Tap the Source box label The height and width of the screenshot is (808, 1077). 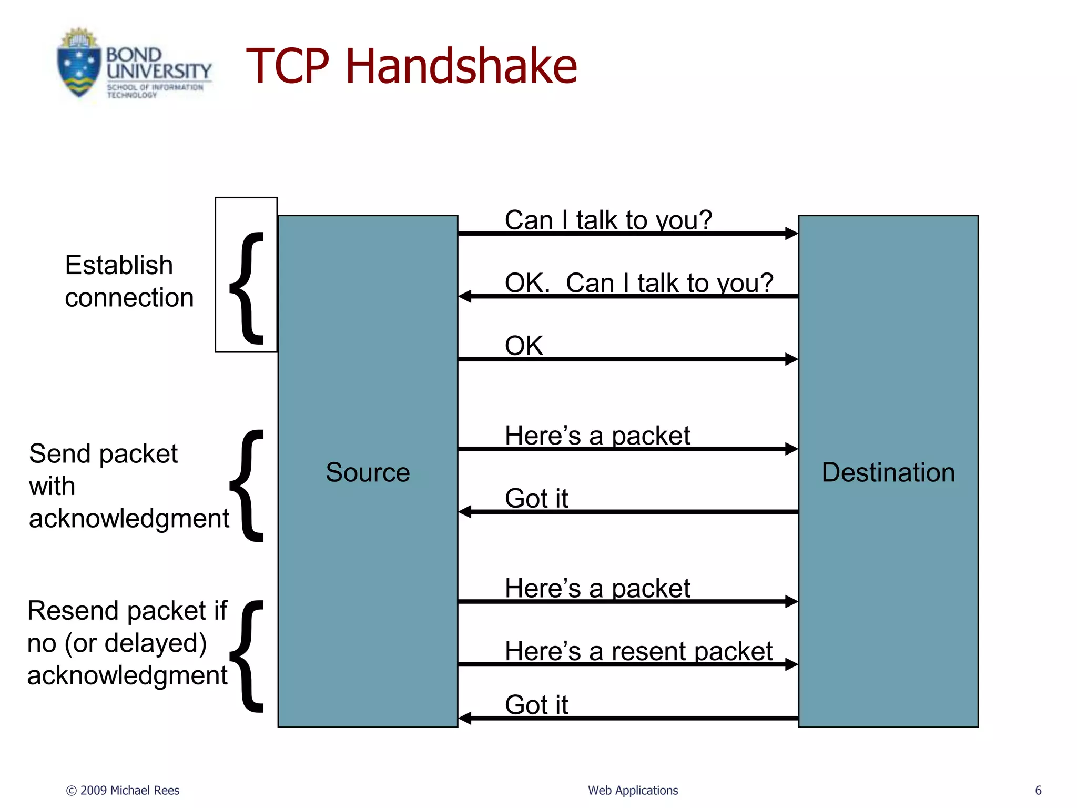[367, 472]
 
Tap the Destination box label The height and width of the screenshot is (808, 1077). [888, 472]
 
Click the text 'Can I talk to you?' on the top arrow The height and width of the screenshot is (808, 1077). [608, 220]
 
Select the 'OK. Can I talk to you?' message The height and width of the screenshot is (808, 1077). [638, 283]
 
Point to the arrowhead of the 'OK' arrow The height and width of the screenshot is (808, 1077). [791, 359]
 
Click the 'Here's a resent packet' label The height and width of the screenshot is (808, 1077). [638, 651]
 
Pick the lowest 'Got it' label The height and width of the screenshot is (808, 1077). [536, 704]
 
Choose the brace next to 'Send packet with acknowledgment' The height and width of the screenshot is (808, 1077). [247, 485]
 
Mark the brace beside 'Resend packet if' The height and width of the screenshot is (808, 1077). [247, 656]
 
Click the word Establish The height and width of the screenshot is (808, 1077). [119, 265]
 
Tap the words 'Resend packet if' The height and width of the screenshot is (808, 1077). [127, 611]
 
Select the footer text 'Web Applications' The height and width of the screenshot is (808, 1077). [633, 790]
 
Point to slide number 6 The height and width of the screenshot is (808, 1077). [1038, 790]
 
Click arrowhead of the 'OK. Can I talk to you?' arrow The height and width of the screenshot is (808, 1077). [465, 296]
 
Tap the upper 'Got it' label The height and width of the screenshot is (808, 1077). [536, 498]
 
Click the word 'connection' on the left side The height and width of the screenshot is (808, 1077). [129, 298]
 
